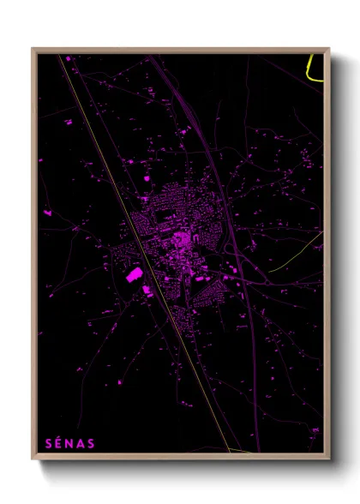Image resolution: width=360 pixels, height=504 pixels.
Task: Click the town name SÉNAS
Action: tap(69, 443)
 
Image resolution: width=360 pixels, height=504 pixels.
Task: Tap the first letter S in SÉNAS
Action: tap(48, 443)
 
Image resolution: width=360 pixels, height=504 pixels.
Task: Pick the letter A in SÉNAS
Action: tap(81, 443)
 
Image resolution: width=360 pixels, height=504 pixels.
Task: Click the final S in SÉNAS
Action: tap(92, 443)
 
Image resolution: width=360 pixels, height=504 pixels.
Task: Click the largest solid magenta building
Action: tap(135, 275)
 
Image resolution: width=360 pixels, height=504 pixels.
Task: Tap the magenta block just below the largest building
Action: tap(147, 291)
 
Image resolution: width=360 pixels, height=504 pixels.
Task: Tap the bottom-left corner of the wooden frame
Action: tap(33, 459)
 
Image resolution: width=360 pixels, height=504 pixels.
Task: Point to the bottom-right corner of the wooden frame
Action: tap(328, 459)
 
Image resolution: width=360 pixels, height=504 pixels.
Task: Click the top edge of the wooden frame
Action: tap(180, 50)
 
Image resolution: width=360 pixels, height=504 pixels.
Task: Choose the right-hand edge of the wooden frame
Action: tap(327, 257)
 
